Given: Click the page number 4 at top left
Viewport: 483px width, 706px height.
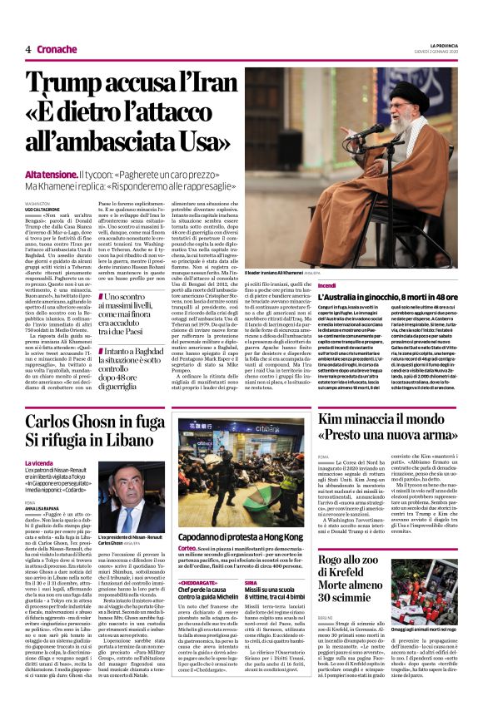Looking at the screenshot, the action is [27, 49].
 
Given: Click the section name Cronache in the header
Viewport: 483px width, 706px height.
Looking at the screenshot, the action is [57, 49].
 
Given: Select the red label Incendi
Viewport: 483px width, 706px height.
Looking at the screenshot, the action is [326, 285].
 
